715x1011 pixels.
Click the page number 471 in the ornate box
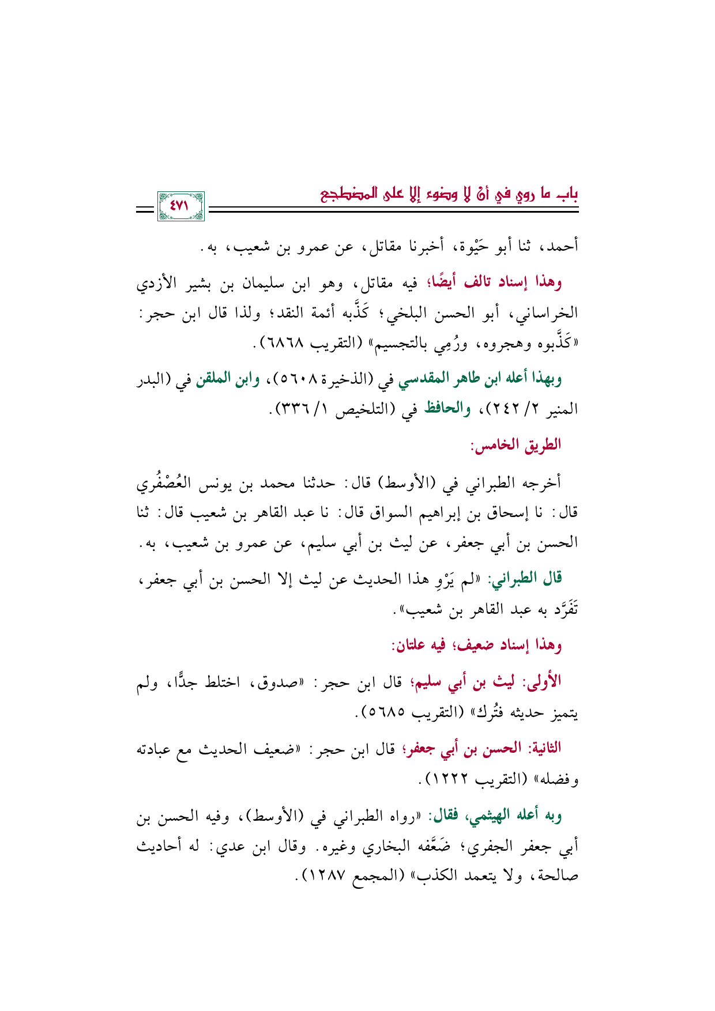(180, 206)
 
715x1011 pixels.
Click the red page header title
(450, 194)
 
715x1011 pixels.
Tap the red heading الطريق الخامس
(517, 446)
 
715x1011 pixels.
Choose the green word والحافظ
(447, 409)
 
